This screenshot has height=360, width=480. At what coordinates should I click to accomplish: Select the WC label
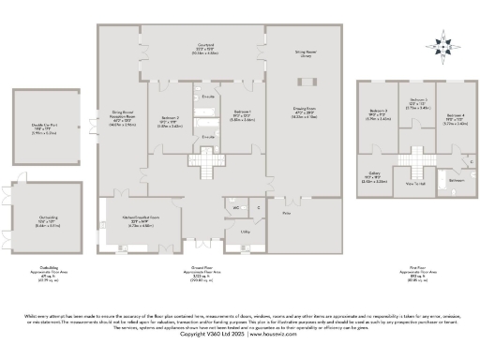(x=235, y=207)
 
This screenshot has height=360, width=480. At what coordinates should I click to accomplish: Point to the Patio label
(x=287, y=214)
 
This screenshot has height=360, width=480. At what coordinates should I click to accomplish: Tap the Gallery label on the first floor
(x=373, y=173)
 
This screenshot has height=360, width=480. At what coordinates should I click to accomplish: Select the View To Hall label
(x=414, y=184)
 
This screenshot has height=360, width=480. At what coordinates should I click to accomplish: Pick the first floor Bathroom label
(x=456, y=179)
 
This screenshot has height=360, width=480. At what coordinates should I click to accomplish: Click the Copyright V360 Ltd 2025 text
(x=240, y=333)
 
